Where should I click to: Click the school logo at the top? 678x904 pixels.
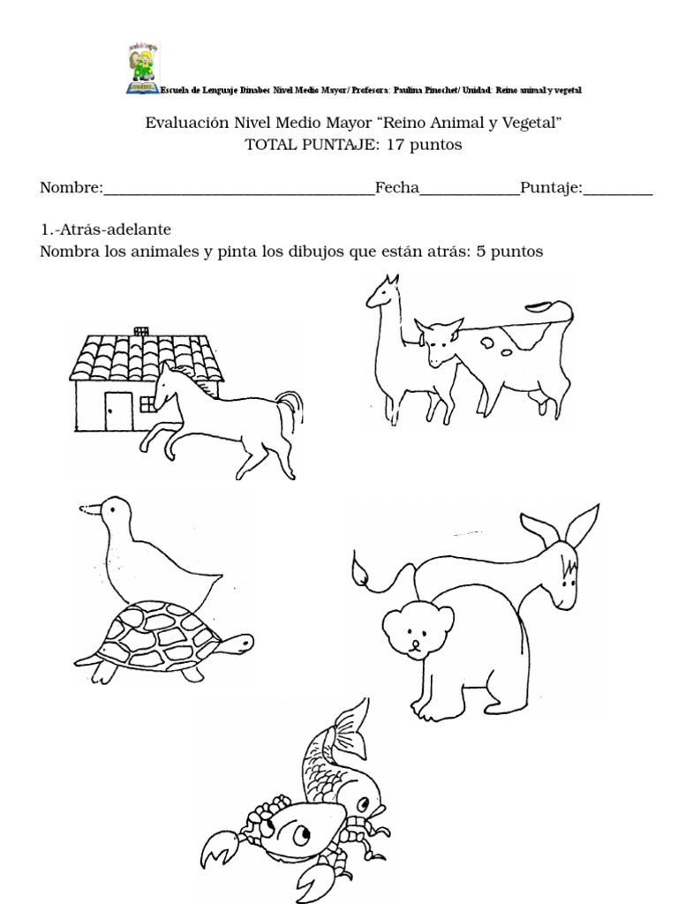click(142, 70)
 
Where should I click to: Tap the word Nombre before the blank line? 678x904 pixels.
click(71, 188)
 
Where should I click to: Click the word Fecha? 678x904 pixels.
click(396, 188)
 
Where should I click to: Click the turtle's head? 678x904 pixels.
click(236, 644)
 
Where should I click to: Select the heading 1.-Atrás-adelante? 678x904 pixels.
click(105, 229)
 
